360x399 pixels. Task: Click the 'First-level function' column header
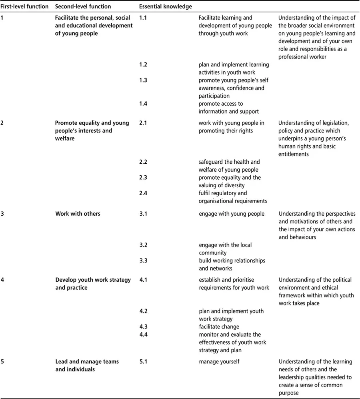click(x=25, y=7)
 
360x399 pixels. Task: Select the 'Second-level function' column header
click(x=83, y=7)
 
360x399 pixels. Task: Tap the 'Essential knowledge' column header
click(x=165, y=7)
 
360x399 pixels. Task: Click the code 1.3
click(x=143, y=80)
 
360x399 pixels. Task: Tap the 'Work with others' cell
click(x=78, y=214)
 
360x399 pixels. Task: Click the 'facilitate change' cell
click(x=219, y=327)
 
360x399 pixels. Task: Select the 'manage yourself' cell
click(x=219, y=361)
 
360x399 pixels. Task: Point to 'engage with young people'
click(x=232, y=214)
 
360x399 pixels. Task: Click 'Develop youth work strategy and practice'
click(x=93, y=284)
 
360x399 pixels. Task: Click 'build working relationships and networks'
click(x=232, y=265)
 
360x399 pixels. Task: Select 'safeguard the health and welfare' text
click(x=229, y=166)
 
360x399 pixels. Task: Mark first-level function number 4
click(x=3, y=280)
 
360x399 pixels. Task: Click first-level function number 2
click(x=3, y=123)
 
